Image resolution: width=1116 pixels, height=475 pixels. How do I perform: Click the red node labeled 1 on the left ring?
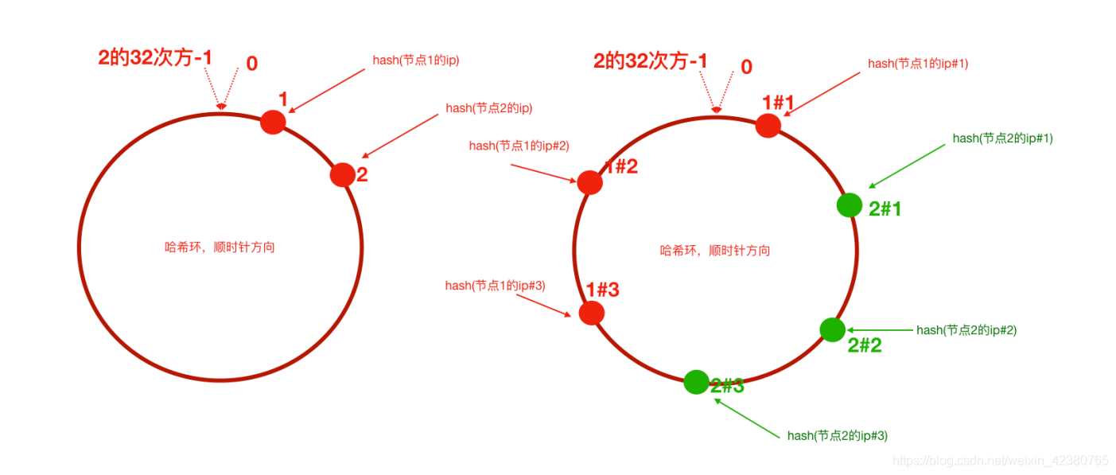273,122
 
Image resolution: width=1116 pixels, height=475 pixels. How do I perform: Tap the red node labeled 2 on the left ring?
342,174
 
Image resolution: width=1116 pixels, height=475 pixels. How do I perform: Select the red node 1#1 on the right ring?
768,125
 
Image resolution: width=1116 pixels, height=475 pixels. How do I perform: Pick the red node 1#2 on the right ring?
589,182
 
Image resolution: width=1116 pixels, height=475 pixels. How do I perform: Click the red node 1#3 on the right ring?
591,313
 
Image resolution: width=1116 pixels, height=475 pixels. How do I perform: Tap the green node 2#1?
850,204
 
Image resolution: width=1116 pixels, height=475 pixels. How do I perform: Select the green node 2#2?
832,329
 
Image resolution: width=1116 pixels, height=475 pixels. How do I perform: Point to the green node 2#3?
696,382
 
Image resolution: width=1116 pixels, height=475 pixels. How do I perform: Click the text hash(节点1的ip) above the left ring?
416,60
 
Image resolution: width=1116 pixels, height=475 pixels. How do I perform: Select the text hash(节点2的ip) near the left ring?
488,107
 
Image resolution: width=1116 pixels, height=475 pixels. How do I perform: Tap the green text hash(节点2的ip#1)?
1002,138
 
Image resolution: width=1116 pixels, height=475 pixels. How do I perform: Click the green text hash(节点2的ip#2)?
966,329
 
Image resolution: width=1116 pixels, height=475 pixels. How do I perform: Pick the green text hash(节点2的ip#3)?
838,435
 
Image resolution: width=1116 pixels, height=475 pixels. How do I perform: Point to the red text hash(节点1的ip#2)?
519,145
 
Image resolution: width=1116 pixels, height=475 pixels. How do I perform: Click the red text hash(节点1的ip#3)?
495,286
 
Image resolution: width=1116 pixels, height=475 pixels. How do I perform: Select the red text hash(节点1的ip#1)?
918,64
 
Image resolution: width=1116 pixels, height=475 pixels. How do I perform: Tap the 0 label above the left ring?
251,64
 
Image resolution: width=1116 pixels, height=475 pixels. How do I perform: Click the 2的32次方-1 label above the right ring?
650,61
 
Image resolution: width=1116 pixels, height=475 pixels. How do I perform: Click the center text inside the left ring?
220,247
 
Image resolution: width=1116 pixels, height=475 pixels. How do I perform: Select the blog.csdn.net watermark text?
1000,460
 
